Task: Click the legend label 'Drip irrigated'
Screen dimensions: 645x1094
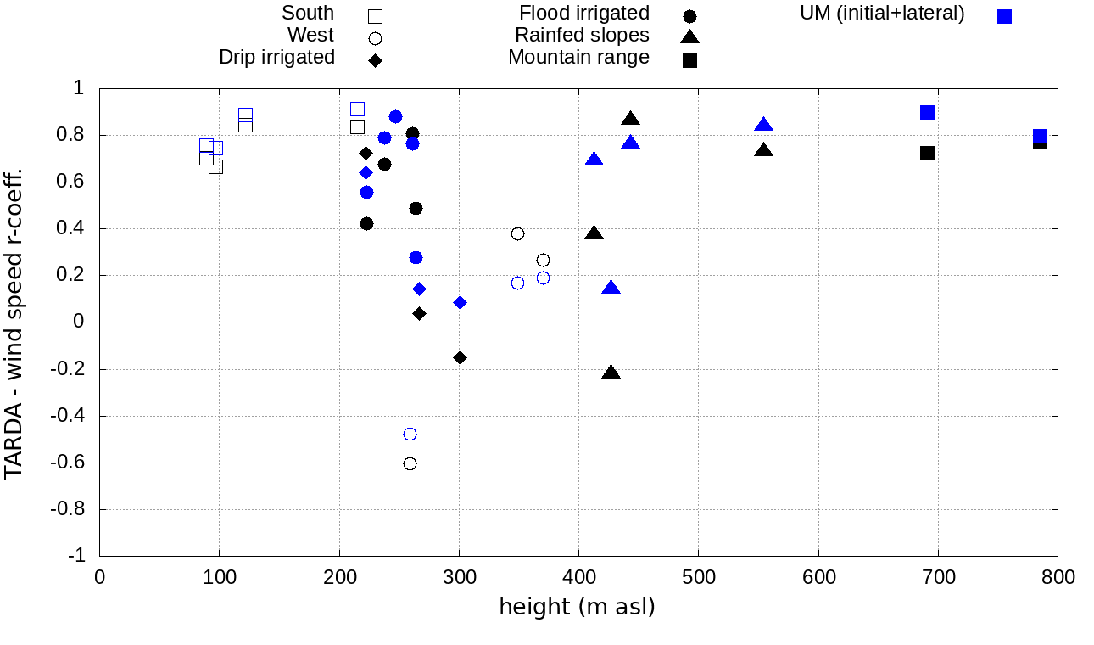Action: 276,57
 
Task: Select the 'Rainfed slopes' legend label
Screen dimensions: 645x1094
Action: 582,36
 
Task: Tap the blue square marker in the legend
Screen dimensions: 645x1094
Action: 1005,16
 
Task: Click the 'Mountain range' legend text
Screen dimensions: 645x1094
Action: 578,57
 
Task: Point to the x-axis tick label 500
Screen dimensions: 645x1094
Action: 698,578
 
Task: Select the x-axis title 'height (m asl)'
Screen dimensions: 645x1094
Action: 577,608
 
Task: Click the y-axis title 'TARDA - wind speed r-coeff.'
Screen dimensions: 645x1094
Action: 14,322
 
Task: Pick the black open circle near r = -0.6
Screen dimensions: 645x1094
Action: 410,463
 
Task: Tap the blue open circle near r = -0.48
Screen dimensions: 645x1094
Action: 410,434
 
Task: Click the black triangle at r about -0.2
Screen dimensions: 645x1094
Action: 611,373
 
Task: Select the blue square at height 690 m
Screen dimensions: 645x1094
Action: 927,112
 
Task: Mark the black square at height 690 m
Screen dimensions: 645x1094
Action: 927,153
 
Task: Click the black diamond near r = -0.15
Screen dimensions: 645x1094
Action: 460,357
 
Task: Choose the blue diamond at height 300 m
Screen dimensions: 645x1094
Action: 460,302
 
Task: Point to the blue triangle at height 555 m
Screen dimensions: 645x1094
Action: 764,125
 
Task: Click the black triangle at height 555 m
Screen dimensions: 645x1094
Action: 764,150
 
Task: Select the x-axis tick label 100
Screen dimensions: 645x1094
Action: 219,578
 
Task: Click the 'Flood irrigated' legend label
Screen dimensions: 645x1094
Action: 584,14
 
